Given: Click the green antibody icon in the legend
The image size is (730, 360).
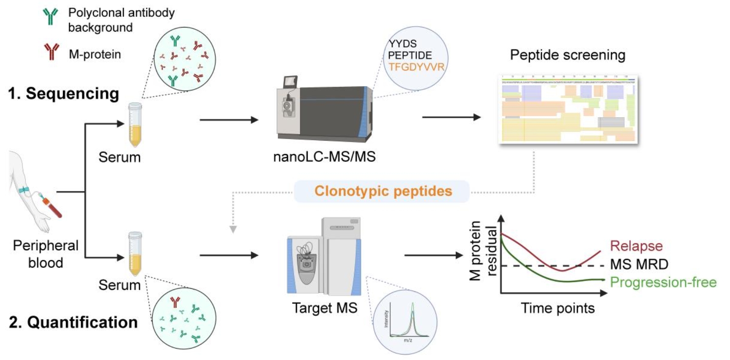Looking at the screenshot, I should click(x=50, y=16).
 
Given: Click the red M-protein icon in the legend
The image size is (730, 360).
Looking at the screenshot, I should click(x=52, y=52).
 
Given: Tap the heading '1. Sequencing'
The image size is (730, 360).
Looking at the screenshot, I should click(x=63, y=93).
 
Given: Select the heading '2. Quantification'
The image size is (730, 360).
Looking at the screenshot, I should click(x=73, y=322).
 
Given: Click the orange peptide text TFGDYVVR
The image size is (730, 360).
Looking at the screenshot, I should click(x=416, y=67).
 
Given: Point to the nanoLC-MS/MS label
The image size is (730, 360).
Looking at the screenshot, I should click(x=324, y=157).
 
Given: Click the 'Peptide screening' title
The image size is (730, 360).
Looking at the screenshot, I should click(x=567, y=55).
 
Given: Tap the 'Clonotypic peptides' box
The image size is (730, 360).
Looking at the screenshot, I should click(x=383, y=191).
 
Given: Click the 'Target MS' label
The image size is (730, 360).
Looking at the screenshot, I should click(x=324, y=308).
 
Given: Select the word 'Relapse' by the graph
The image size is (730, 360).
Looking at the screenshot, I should click(x=636, y=245).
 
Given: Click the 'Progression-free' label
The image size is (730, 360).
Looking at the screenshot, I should click(x=663, y=282).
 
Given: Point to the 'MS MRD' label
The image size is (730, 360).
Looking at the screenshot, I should click(x=639, y=264).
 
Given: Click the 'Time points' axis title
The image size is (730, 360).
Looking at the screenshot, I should click(x=557, y=308).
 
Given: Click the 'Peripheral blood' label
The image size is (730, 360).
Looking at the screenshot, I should click(x=46, y=254).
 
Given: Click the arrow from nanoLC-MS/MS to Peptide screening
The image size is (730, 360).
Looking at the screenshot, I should click(x=451, y=117).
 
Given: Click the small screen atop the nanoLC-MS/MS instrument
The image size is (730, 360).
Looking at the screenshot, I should click(x=290, y=82).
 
